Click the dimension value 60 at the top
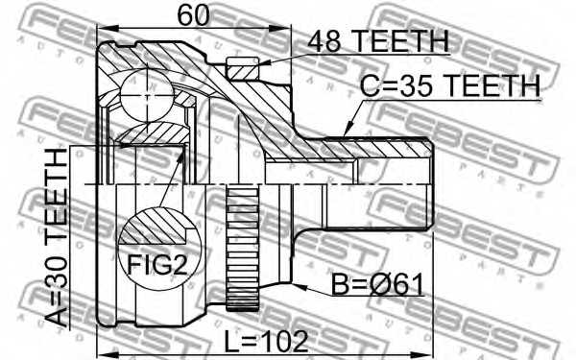[193, 15]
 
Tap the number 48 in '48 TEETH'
[324, 41]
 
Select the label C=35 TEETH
[450, 85]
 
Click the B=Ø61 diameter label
[377, 285]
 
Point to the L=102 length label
[266, 341]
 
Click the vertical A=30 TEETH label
[57, 238]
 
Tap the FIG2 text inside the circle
[157, 265]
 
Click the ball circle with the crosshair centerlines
[146, 95]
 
